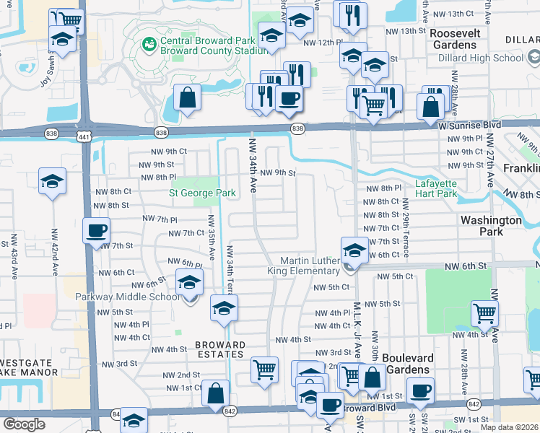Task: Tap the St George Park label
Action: pos(202,193)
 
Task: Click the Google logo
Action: pos(24,424)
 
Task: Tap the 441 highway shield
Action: pos(84,136)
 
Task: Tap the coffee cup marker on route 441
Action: pos(96,232)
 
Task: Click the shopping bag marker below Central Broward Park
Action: pos(187,100)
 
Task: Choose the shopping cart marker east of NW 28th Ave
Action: pos(484,313)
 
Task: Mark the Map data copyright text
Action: pos(510,427)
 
